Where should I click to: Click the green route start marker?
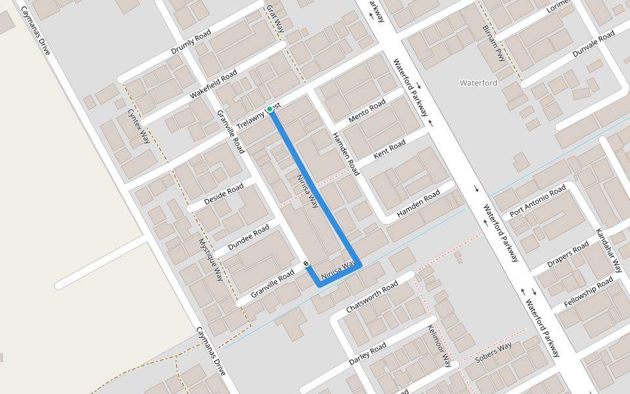pyautogui.click(x=270, y=109)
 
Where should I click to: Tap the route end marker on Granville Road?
pyautogui.click(x=306, y=264)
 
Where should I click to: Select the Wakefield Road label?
pyautogui.click(x=213, y=85)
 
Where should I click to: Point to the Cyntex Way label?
pyautogui.click(x=139, y=127)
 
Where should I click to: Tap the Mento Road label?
pyautogui.click(x=367, y=112)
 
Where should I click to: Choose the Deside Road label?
pyautogui.click(x=224, y=194)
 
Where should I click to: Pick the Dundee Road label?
pyautogui.click(x=249, y=238)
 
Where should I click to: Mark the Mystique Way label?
pyautogui.click(x=211, y=259)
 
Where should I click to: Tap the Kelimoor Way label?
pyautogui.click(x=440, y=345)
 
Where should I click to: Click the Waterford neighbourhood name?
pyautogui.click(x=478, y=83)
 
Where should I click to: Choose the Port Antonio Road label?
pyautogui.click(x=537, y=202)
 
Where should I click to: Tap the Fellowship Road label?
pyautogui.click(x=589, y=293)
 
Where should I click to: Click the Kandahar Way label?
pyautogui.click(x=608, y=251)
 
